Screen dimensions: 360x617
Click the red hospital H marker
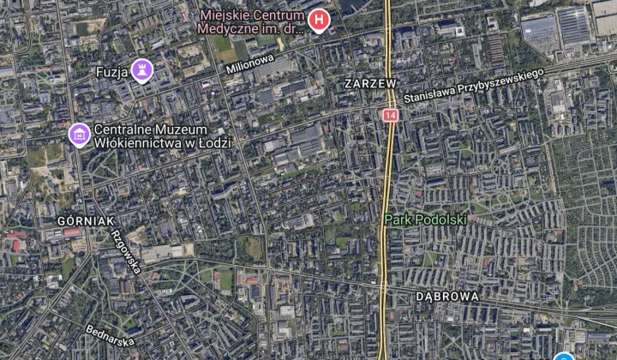(320, 19)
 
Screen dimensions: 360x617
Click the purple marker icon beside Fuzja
(142, 70)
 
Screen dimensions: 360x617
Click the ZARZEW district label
(370, 84)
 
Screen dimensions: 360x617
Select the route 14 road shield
(392, 114)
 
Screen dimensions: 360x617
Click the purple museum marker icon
(80, 134)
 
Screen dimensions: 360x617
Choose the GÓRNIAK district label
(86, 221)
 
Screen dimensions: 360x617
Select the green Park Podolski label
(425, 219)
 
